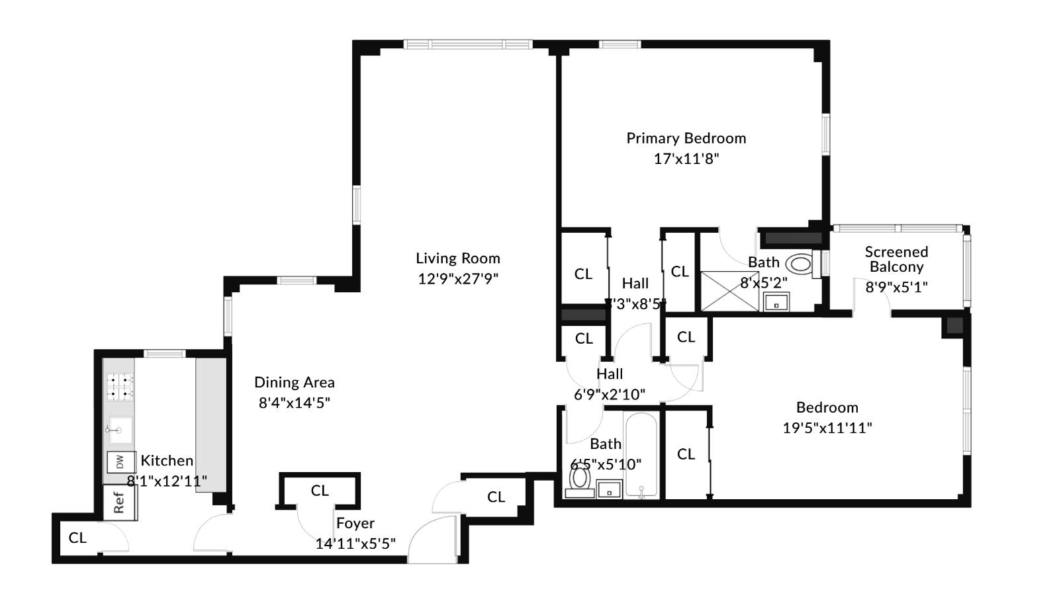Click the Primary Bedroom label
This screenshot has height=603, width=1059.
tap(686, 138)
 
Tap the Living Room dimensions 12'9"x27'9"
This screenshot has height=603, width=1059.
tap(457, 278)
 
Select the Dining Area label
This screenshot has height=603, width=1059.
tap(294, 382)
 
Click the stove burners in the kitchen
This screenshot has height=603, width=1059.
tap(120, 387)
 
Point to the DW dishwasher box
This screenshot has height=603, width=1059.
tap(120, 462)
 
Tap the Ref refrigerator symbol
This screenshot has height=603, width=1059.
tap(120, 502)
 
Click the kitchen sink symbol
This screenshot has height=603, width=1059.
tap(120, 430)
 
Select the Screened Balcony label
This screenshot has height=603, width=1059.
tap(896, 259)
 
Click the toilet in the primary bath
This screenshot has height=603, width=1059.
tap(800, 264)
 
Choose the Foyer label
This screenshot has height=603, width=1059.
tap(355, 523)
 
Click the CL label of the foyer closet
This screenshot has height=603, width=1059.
tap(320, 491)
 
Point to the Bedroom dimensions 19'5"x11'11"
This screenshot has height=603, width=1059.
tap(827, 428)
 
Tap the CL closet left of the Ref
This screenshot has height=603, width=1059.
tap(77, 538)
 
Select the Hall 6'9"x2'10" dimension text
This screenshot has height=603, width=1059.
tap(610, 395)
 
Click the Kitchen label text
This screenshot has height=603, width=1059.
tap(167, 461)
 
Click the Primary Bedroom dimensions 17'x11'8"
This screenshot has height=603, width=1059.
tap(686, 159)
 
